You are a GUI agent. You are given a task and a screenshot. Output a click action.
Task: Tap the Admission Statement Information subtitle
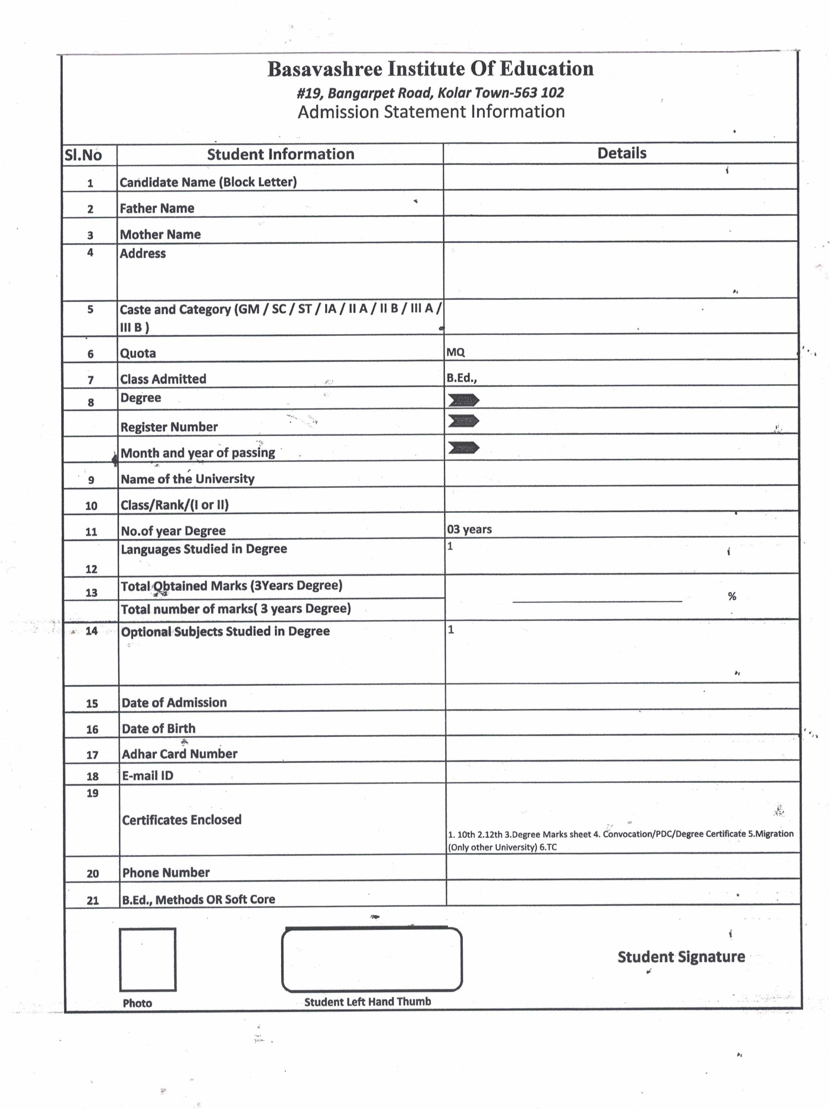click(x=431, y=111)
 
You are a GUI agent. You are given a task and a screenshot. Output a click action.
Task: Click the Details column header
click(x=622, y=153)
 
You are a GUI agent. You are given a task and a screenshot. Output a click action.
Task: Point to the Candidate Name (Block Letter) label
click(x=208, y=182)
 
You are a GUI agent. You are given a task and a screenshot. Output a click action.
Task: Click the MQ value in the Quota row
click(x=455, y=352)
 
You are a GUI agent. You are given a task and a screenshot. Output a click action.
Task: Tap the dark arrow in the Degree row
click(x=463, y=400)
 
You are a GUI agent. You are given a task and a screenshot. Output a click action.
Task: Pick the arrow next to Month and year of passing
click(x=463, y=447)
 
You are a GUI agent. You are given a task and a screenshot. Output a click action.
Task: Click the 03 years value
click(x=469, y=530)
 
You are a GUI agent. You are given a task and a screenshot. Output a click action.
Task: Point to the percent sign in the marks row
click(x=732, y=596)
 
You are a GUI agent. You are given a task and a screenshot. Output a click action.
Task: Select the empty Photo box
click(x=147, y=960)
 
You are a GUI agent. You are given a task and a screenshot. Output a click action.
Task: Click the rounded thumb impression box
click(x=371, y=960)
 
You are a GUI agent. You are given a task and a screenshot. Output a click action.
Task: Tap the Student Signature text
click(x=680, y=957)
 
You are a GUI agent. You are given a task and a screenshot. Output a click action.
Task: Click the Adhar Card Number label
click(x=180, y=754)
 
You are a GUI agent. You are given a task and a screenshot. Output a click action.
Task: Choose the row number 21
click(x=93, y=900)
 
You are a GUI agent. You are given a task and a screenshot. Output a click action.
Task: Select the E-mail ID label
click(x=148, y=776)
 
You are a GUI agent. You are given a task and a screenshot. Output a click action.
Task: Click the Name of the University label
click(x=187, y=479)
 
